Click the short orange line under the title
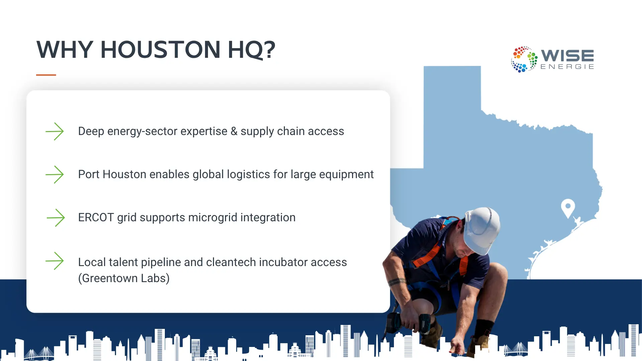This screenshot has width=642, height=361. tap(46, 75)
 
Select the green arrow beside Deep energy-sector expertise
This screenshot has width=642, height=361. tap(55, 131)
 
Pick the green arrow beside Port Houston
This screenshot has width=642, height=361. tap(55, 174)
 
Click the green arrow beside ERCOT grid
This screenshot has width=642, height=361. tap(56, 218)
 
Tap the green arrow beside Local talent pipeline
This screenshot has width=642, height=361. tap(55, 261)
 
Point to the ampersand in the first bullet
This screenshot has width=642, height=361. tap(234, 131)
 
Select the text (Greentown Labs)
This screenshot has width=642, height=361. tap(124, 278)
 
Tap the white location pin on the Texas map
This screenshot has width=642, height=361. tap(568, 207)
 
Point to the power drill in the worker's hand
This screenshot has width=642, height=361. tap(410, 323)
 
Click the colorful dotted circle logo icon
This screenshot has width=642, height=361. tap(524, 59)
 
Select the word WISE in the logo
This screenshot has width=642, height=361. tap(567, 55)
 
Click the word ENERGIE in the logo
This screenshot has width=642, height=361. tap(567, 67)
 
